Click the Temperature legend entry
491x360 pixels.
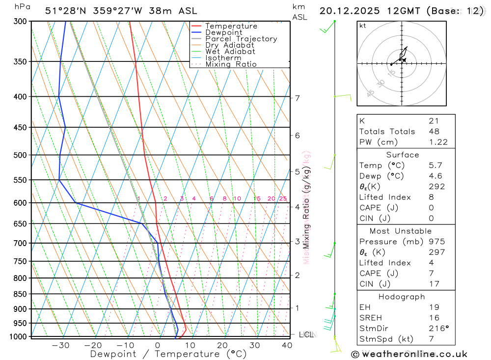231,26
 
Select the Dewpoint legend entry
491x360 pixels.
223,32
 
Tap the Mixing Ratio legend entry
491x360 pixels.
231,64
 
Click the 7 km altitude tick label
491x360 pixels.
298,98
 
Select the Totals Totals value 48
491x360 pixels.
434,131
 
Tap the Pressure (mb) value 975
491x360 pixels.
436,242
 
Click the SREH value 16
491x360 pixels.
434,317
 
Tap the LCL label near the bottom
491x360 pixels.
306,335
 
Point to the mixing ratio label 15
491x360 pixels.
257,198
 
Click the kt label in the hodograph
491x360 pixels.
363,26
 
